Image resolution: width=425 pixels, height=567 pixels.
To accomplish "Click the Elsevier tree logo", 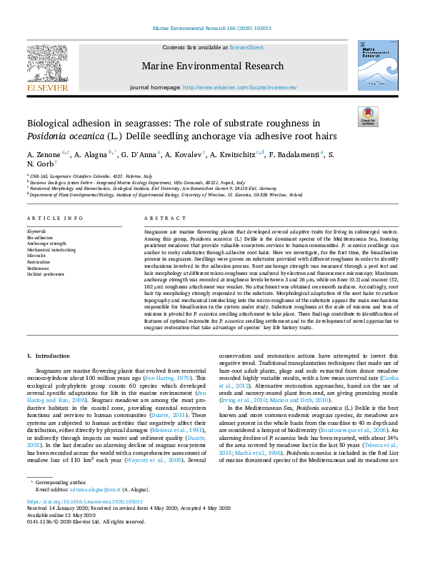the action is tap(48, 64).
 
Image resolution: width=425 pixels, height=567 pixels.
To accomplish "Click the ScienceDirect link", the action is tap(246, 47).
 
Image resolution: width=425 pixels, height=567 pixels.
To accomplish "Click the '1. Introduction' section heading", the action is tap(49, 356).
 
